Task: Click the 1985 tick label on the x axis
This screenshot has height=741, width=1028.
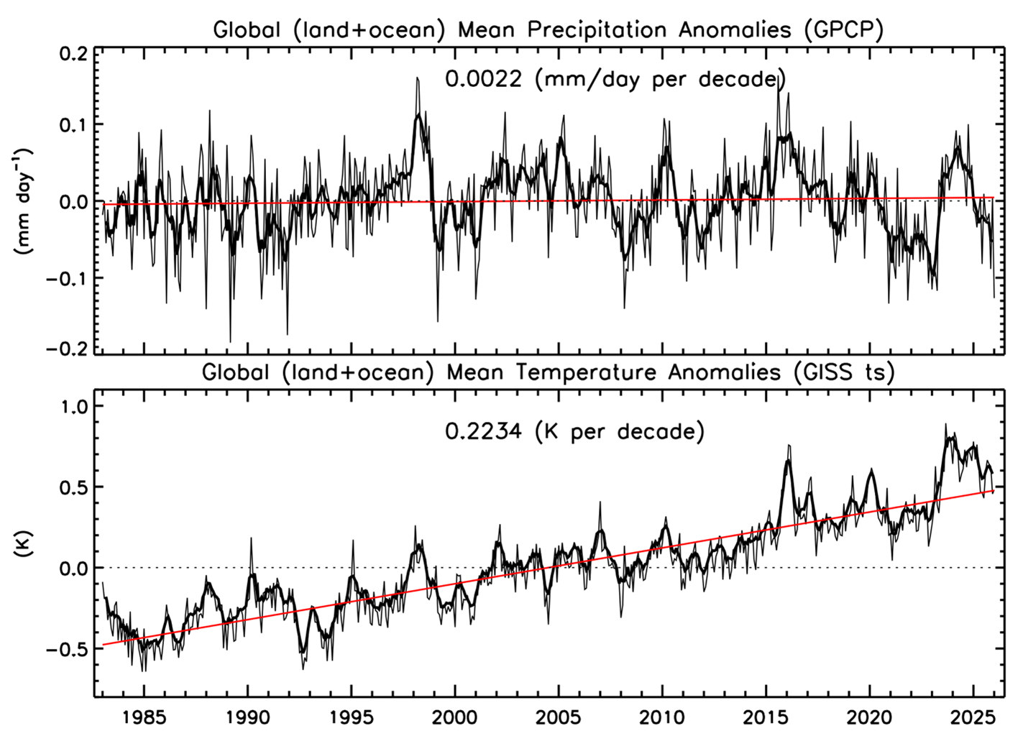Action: click(144, 717)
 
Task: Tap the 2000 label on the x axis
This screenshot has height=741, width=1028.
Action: click(455, 717)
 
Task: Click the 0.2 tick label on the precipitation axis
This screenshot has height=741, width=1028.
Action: click(72, 55)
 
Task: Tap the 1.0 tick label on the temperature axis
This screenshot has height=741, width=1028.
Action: click(72, 406)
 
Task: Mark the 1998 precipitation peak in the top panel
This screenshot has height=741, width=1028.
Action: click(417, 78)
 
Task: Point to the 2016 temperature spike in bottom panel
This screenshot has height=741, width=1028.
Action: click(789, 446)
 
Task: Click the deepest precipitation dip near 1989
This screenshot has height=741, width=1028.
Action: click(231, 341)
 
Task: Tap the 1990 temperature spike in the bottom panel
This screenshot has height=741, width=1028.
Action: click(251, 538)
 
